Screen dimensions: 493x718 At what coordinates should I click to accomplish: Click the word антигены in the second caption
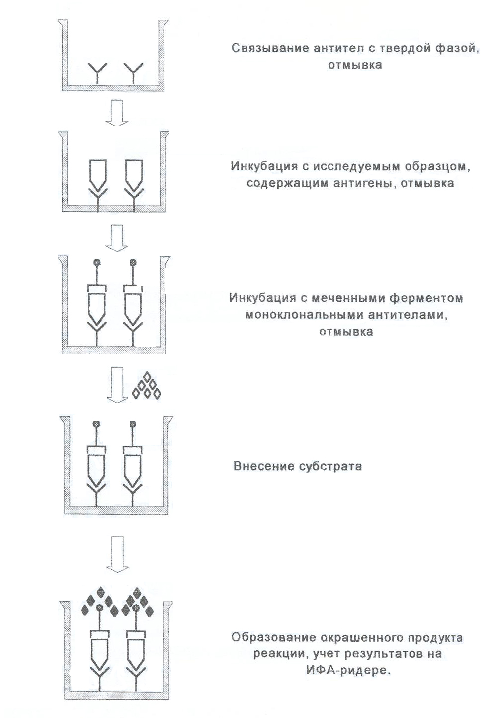tap(361, 184)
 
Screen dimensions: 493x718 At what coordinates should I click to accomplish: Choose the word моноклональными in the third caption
tap(304, 315)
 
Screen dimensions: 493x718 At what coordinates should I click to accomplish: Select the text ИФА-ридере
tap(348, 670)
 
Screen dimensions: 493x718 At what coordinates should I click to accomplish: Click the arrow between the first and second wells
tap(117, 113)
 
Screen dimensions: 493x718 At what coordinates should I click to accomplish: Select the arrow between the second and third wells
tap(117, 238)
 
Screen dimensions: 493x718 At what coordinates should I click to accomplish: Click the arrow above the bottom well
tap(117, 554)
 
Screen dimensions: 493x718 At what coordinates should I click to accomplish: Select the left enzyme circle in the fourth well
tap(96, 424)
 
